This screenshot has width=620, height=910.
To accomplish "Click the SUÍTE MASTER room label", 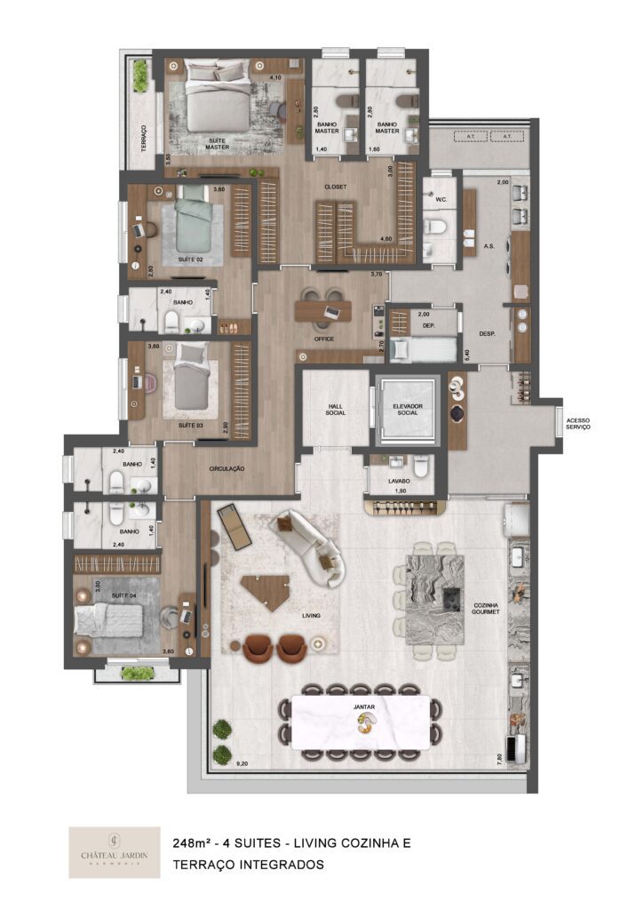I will click(x=217, y=144).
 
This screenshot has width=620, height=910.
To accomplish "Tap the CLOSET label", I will click(x=335, y=187).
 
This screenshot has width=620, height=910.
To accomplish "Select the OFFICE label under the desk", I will click(x=322, y=339).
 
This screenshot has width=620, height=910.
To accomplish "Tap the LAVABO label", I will click(x=399, y=481).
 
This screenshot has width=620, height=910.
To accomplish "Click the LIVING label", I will click(x=310, y=615).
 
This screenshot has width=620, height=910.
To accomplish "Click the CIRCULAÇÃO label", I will click(x=227, y=468).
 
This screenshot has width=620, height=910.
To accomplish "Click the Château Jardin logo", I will click(x=102, y=851).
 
